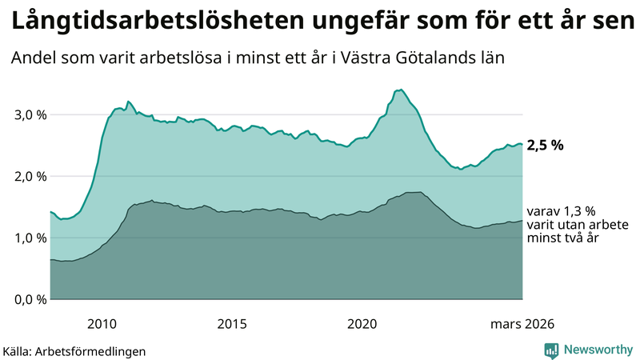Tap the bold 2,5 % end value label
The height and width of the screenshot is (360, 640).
pyautogui.click(x=546, y=145)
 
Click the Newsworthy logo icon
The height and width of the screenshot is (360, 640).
pyautogui.click(x=552, y=349)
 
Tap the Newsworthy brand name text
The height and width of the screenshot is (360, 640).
pyautogui.click(x=597, y=349)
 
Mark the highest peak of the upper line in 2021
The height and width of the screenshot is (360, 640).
pyautogui.click(x=400, y=90)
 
